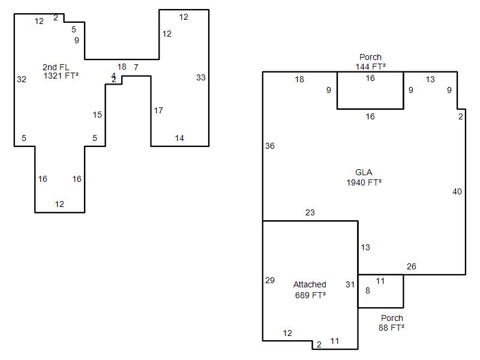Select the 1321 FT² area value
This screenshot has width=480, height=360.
point(61,76)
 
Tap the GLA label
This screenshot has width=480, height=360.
point(364,173)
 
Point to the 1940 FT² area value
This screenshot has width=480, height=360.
point(364,182)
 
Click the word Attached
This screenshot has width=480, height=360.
point(310,284)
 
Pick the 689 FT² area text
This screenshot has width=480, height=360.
point(310,295)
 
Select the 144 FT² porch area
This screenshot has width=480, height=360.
point(370,67)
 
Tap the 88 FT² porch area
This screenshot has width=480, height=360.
point(392,328)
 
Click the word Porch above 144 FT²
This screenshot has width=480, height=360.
point(370,58)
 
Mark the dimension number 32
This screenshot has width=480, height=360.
point(22,79)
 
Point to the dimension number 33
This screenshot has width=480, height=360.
point(201,77)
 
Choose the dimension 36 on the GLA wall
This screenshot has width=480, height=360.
point(270,146)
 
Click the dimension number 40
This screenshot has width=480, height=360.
point(457,191)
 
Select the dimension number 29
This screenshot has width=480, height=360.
point(270,280)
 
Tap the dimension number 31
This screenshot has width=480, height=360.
point(350,284)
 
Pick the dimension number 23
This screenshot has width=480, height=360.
point(310,212)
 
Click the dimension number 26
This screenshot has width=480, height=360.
point(411,266)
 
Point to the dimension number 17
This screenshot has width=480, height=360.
point(158,110)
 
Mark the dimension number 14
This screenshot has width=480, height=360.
point(179,138)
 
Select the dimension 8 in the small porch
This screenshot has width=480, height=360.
point(368,291)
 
